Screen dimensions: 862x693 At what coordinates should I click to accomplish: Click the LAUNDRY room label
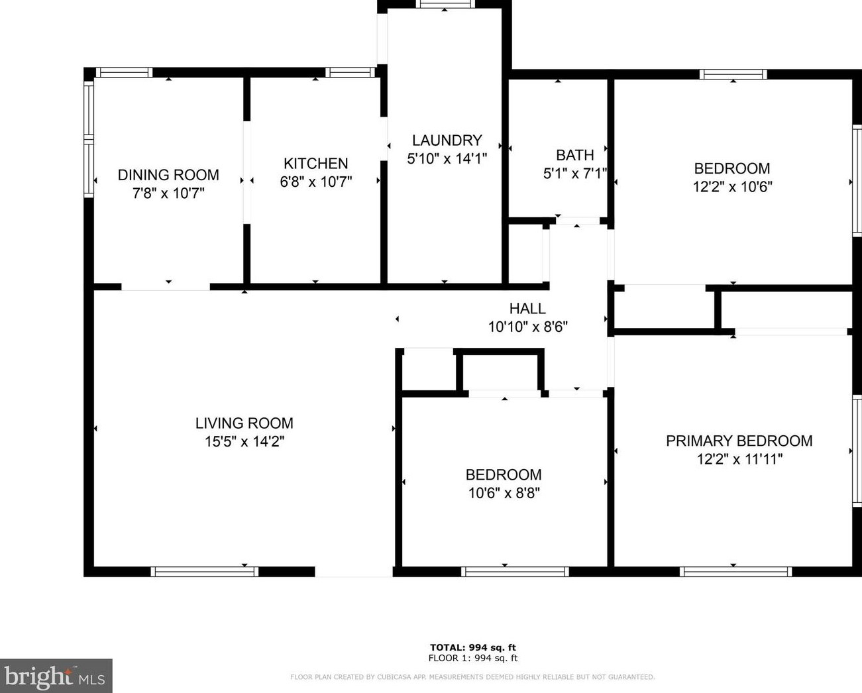coord(447,140)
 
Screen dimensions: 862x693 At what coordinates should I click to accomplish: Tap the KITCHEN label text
coord(315,164)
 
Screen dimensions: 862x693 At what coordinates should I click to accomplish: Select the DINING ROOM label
coord(168,175)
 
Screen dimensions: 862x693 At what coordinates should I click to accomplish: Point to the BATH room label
coord(575,155)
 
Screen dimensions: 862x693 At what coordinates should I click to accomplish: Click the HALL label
coord(527,309)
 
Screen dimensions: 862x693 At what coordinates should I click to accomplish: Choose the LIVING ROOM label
coord(244,423)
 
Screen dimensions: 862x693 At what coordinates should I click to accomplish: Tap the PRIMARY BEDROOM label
coord(739,441)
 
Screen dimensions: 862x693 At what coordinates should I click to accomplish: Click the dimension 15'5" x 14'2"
coord(244,441)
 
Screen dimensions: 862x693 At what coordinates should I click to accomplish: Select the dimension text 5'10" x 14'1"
coord(447,158)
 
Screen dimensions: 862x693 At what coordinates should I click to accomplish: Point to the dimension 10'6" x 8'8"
coord(504,493)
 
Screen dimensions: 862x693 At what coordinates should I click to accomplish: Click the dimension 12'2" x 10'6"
coord(732,187)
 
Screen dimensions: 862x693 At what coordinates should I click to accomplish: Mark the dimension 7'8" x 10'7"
coord(168,193)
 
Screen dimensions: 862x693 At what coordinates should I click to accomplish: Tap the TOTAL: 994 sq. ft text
coord(473,647)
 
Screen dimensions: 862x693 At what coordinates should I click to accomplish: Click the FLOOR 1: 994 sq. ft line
coord(473,658)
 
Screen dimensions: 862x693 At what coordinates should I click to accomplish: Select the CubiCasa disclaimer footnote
coord(472,677)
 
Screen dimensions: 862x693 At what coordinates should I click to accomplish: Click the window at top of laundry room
coord(445,4)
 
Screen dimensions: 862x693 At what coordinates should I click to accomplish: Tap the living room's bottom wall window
coord(205,572)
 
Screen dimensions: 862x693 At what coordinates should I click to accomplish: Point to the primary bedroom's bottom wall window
coord(735,572)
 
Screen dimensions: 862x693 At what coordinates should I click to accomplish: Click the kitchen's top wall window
coord(350,72)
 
